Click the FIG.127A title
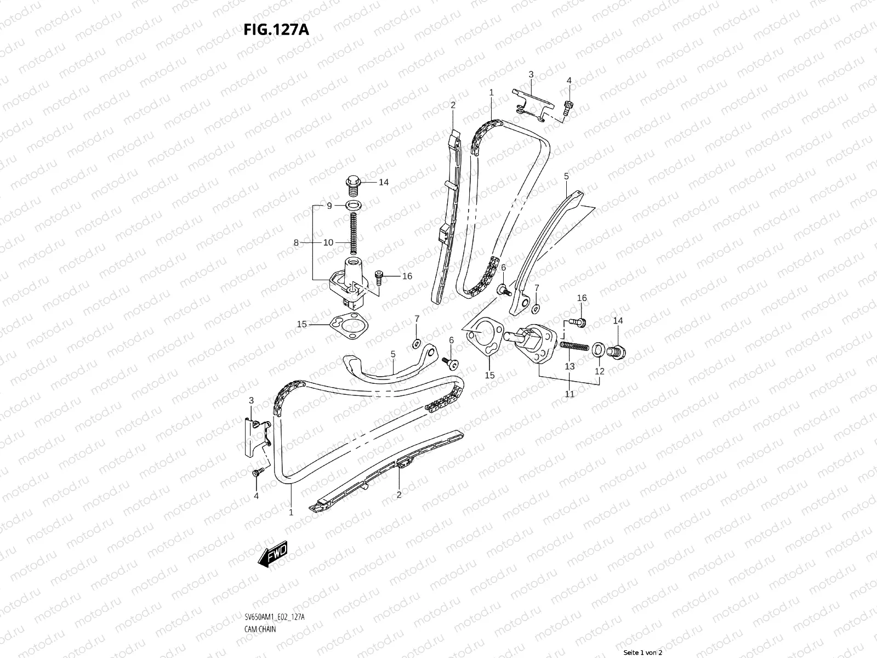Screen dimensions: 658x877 tap(276, 29)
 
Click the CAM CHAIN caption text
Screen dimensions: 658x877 tap(260, 598)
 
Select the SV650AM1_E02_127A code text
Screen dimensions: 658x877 tap(274, 587)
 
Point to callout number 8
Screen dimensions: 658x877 tap(296, 242)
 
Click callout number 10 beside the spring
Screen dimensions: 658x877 tap(328, 242)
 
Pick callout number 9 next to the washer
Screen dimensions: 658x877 tap(329, 206)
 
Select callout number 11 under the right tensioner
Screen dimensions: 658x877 tap(570, 394)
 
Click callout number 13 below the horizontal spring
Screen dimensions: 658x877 tap(570, 366)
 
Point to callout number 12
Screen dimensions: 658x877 tap(600, 371)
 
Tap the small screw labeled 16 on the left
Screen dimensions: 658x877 tap(378, 277)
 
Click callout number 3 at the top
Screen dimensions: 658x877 tap(531, 74)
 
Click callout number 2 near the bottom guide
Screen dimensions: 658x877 tap(399, 495)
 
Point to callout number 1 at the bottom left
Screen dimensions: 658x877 tap(291, 513)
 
